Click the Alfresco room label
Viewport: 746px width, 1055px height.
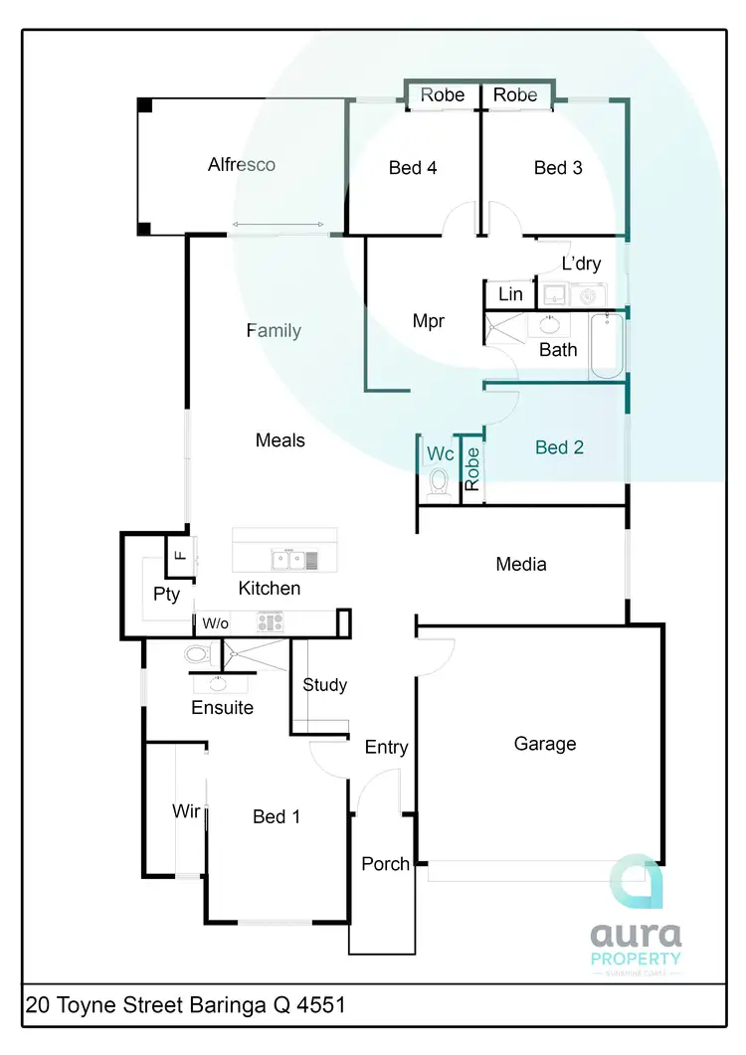(x=241, y=165)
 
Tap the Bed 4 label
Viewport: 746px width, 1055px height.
(x=412, y=168)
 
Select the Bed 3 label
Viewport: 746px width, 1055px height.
(x=558, y=168)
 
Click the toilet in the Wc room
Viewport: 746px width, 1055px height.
(x=438, y=483)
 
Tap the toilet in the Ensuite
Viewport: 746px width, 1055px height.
(x=198, y=654)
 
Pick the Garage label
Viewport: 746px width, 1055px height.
(x=544, y=744)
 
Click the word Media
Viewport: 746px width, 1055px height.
(x=521, y=565)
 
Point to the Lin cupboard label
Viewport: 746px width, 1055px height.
(x=510, y=294)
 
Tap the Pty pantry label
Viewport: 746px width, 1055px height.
(x=166, y=595)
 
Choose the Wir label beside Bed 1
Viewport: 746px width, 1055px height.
(x=186, y=811)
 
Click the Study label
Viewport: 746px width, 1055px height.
(x=324, y=685)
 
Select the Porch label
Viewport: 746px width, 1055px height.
(x=385, y=864)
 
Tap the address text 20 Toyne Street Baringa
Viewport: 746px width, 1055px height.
(x=186, y=1005)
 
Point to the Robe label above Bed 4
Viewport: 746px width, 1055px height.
(x=443, y=95)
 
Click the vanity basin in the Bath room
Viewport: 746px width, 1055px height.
(x=548, y=324)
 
